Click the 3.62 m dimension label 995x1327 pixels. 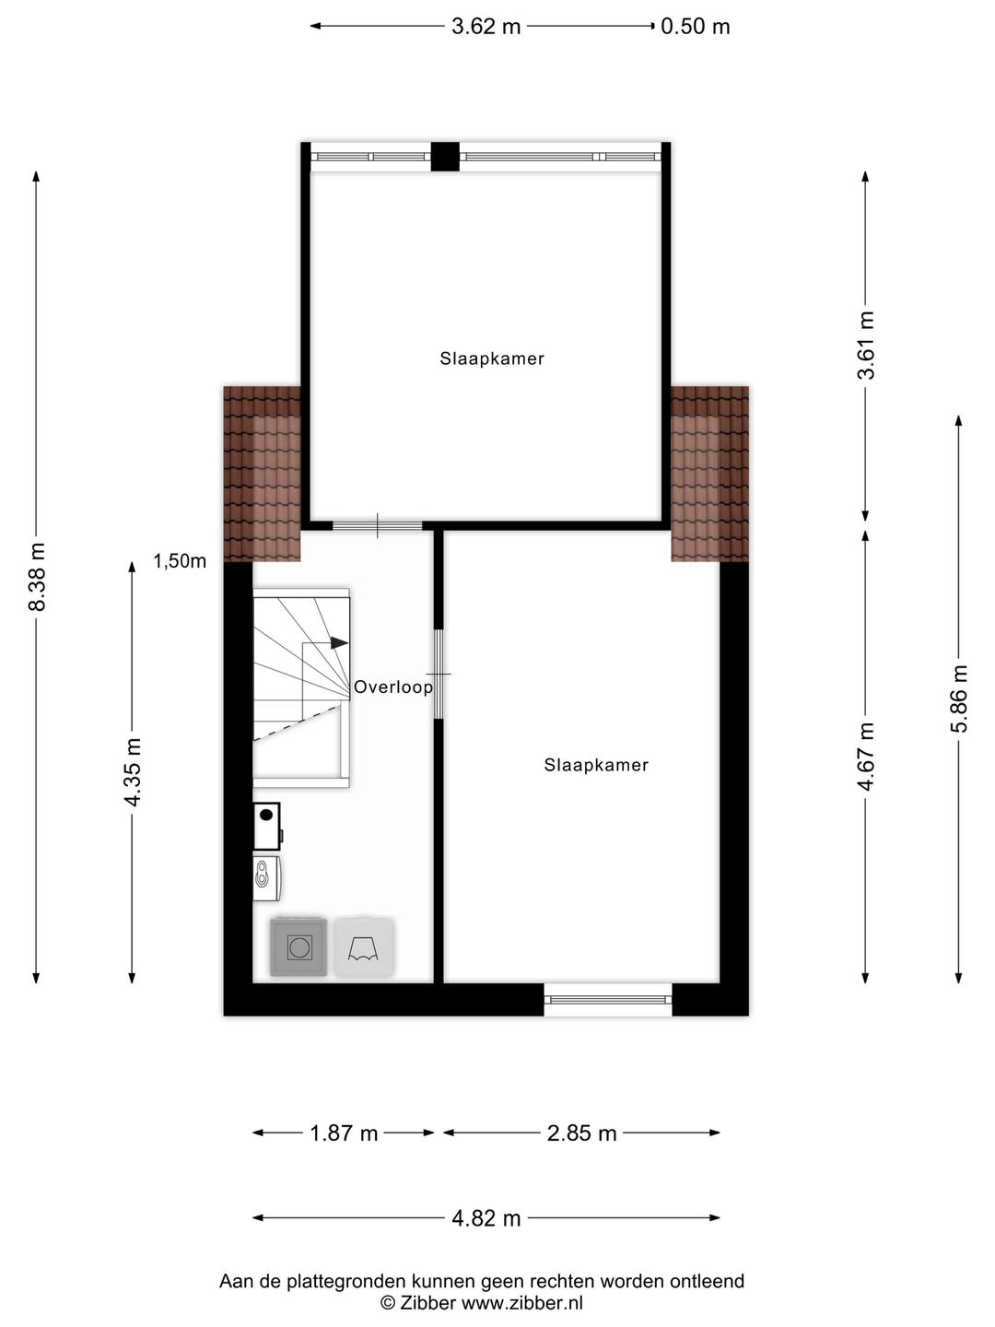[x=486, y=27]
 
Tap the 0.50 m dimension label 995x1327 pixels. [x=696, y=27]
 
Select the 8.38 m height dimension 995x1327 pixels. [x=37, y=577]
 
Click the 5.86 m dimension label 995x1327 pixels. [x=960, y=698]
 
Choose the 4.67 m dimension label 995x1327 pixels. [x=866, y=757]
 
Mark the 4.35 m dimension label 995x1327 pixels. [x=133, y=771]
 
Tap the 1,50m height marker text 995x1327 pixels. [x=180, y=561]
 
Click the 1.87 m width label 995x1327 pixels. [x=344, y=1133]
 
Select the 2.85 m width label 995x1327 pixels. [x=581, y=1133]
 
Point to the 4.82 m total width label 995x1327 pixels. [x=486, y=1218]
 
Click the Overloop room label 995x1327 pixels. [x=393, y=687]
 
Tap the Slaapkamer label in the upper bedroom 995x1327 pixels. [x=492, y=359]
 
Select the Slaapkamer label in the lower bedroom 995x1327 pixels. [x=596, y=765]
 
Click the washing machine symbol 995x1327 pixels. [x=298, y=946]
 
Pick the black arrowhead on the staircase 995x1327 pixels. [x=339, y=642]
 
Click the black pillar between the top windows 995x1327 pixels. [x=445, y=157]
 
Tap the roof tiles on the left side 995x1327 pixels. [x=263, y=474]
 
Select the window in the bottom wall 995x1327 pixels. [x=608, y=999]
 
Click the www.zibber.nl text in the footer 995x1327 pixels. [x=522, y=1303]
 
